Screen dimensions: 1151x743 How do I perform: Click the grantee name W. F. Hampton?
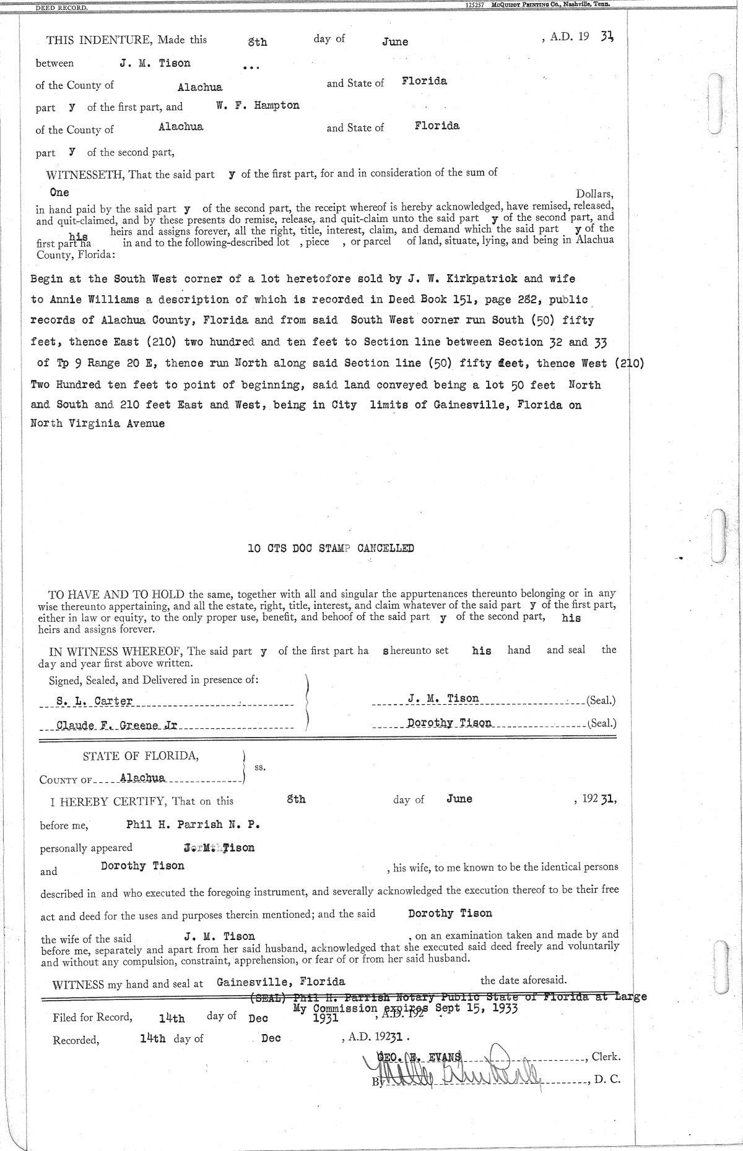(x=258, y=105)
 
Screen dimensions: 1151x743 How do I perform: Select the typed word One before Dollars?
(x=59, y=192)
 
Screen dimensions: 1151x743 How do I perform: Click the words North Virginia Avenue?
(x=98, y=424)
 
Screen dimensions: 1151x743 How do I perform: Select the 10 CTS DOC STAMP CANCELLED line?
(x=331, y=548)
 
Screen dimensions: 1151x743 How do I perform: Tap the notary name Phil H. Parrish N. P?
(x=193, y=824)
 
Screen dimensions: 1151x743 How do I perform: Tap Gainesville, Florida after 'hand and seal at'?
(x=280, y=982)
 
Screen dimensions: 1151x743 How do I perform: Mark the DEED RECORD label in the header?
(x=61, y=7)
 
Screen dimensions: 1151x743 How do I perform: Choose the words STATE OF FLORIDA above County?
(x=141, y=756)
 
